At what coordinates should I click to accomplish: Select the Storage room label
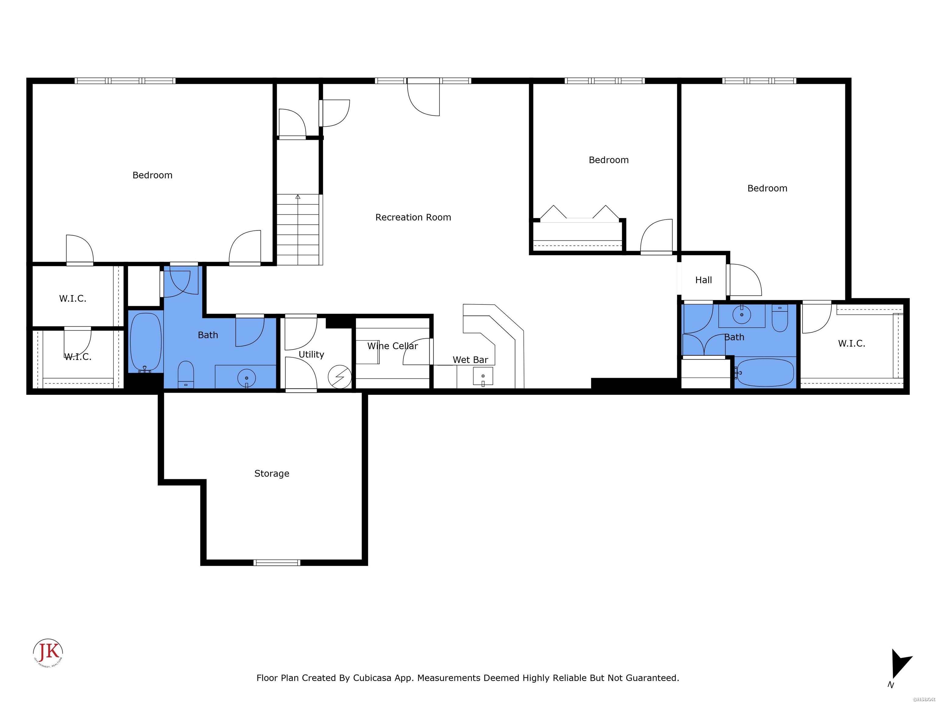point(272,473)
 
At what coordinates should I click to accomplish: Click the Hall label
point(703,280)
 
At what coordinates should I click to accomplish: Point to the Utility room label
point(311,355)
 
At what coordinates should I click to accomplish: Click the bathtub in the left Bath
point(146,342)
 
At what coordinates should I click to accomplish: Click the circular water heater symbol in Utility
point(340,377)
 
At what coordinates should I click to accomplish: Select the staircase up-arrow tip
point(298,196)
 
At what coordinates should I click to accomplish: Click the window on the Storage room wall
point(277,562)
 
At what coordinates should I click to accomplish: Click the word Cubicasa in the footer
point(371,678)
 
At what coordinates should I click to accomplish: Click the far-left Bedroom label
point(152,175)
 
